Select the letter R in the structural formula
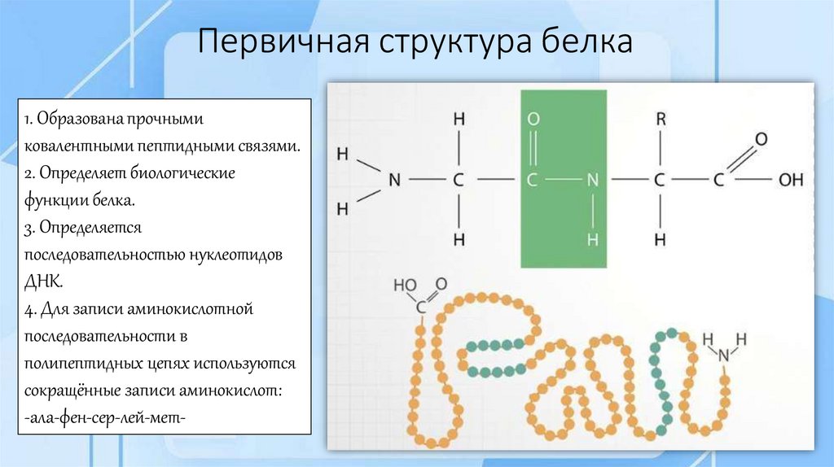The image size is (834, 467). pos(660,120)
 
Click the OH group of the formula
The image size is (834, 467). pos(791,180)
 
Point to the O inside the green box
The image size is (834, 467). pos(533,120)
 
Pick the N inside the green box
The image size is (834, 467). pos(593,180)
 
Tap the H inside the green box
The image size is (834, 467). pos(593,239)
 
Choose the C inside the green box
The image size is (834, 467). pos(533,180)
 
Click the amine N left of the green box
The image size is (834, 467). pos(394,180)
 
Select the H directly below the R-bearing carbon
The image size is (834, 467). pos(660,239)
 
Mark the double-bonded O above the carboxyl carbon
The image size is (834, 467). pos(761,139)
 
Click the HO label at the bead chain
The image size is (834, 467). pos(404,286)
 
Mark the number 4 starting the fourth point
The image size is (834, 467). pos(27,309)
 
